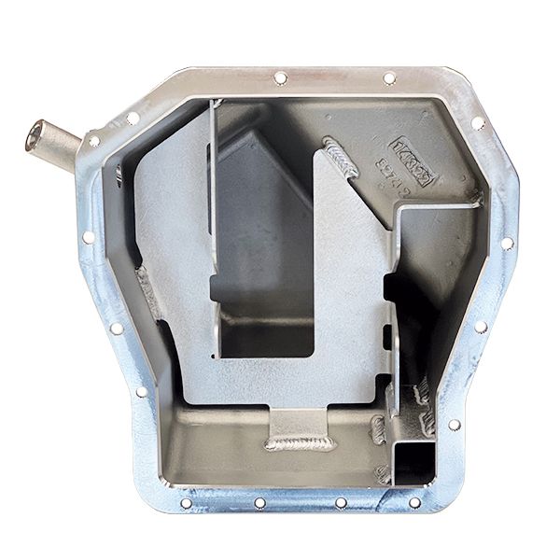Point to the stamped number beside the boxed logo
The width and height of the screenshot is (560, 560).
[385, 173]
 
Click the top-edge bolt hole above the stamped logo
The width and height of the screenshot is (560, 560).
[389, 78]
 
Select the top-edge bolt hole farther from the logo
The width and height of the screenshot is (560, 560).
[280, 77]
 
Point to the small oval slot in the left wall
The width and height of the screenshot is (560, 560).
[119, 175]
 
